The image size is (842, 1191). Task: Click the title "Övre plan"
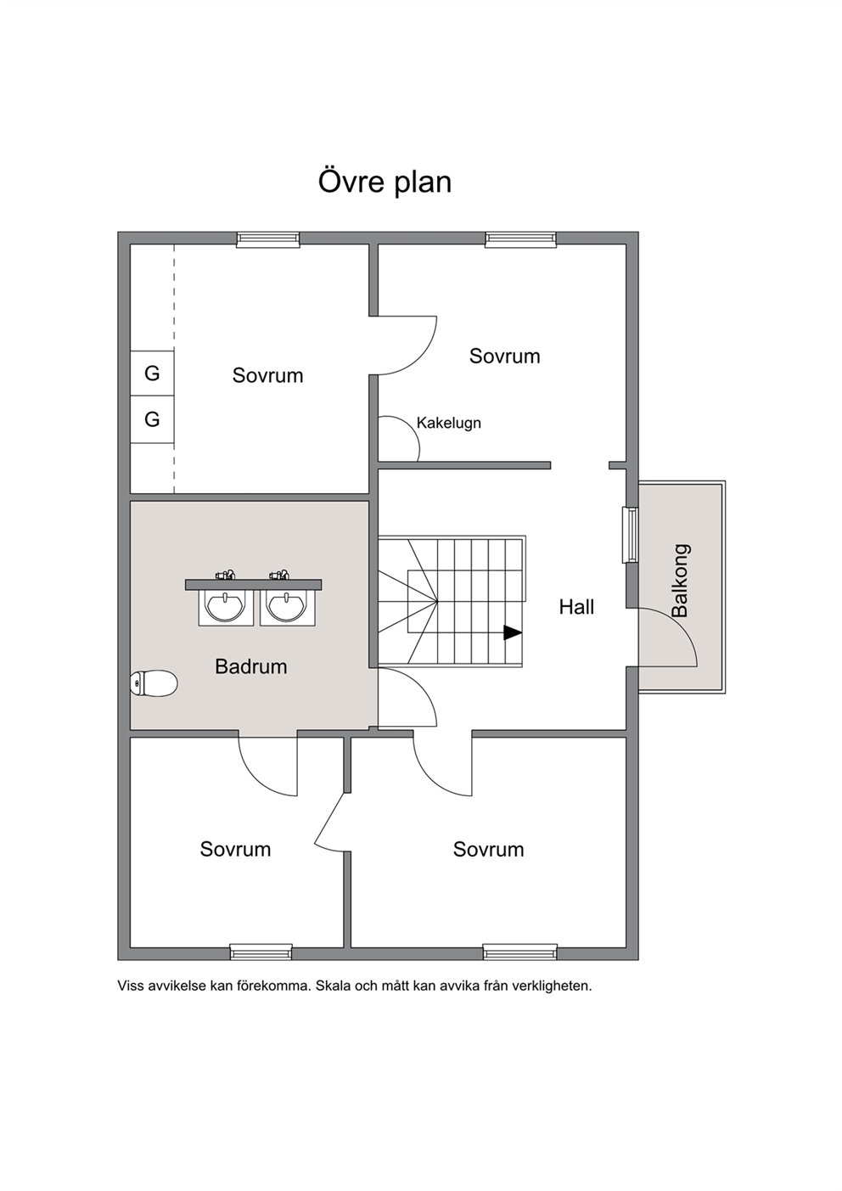(x=385, y=182)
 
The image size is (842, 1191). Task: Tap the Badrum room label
(x=251, y=666)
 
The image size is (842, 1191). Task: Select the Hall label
(x=576, y=607)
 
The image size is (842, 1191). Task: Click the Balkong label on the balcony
(x=680, y=580)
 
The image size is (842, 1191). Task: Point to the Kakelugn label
(x=449, y=423)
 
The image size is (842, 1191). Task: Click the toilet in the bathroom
(x=154, y=683)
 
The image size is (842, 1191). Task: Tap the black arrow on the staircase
(x=513, y=632)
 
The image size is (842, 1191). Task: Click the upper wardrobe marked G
(x=152, y=373)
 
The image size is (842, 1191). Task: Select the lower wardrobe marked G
(x=152, y=419)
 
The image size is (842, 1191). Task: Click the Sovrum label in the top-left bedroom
(x=267, y=375)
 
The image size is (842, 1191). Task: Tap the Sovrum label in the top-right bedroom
(x=504, y=356)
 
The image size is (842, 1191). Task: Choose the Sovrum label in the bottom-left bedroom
(x=235, y=849)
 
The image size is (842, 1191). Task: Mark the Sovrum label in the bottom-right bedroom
(x=488, y=849)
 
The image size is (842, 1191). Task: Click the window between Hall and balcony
(x=631, y=535)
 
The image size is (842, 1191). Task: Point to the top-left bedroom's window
(x=268, y=239)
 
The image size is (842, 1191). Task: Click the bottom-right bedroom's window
(x=519, y=952)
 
